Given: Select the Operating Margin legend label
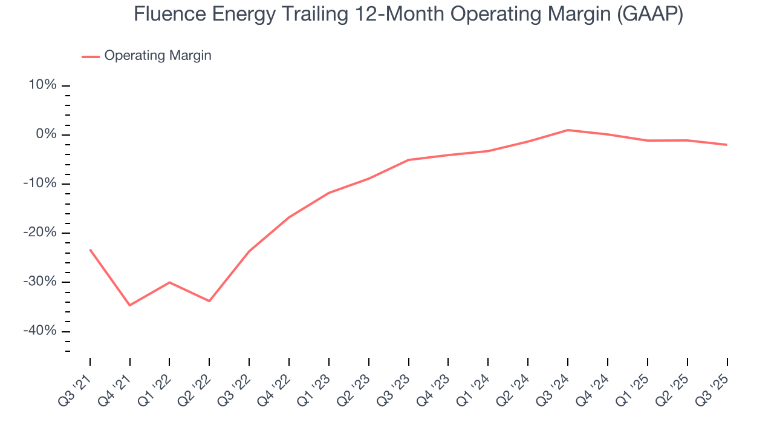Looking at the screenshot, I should point(158,56).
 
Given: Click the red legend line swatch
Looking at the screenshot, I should point(91,56).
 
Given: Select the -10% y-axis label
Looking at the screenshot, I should point(41,183).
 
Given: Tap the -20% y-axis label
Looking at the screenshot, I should point(41,233).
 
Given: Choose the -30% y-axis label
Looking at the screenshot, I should point(41,282).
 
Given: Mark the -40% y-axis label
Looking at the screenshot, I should point(41,331).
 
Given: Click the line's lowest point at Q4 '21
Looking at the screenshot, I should point(130,305).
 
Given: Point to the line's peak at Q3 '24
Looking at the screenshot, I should point(568,130).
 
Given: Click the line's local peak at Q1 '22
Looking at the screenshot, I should point(169,282).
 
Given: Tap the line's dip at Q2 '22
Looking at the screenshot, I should point(209,301).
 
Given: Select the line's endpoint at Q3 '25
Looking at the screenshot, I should point(726,145).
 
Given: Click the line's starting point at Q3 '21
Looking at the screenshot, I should point(90,249).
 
